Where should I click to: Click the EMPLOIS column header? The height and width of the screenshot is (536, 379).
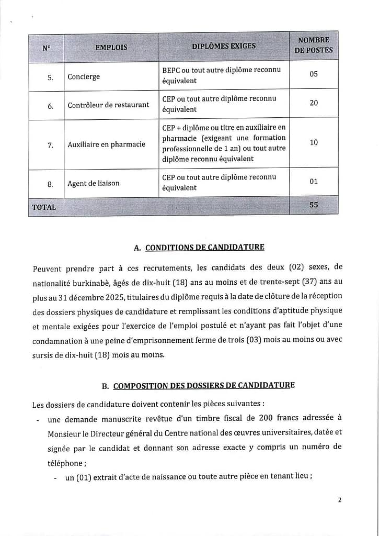point(111,47)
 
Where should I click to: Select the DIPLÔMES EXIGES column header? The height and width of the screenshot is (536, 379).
point(224,46)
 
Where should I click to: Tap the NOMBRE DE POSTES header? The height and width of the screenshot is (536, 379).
point(314,45)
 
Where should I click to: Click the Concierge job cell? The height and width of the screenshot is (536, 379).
point(84,77)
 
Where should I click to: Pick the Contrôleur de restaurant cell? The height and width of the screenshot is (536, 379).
point(108,105)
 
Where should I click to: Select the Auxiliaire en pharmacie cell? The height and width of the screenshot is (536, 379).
point(106,144)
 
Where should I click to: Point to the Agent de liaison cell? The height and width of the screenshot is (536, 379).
point(94,183)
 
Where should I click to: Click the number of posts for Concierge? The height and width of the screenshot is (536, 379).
point(314,74)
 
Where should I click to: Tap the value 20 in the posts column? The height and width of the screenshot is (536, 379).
point(314,103)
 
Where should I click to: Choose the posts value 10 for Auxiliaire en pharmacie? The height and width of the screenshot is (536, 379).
point(314,142)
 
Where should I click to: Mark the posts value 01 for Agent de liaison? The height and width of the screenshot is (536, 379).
point(314,181)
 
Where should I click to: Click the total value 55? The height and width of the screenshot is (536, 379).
point(314,205)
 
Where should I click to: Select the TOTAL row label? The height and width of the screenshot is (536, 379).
point(44,207)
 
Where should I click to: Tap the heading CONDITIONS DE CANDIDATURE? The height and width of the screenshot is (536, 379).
point(204,247)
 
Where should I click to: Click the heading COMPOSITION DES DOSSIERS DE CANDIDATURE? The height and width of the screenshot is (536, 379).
point(204,386)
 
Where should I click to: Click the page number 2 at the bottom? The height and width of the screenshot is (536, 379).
point(339,500)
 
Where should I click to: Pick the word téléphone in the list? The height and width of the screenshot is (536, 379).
point(65,463)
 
